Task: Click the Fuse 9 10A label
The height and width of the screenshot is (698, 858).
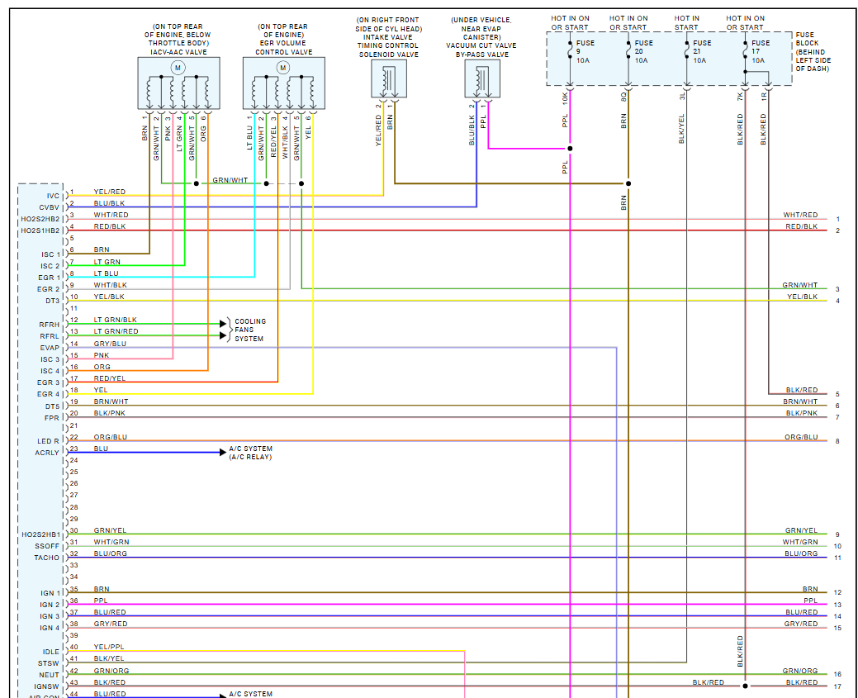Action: tap(585, 51)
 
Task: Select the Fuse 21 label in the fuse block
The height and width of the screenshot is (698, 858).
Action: tap(702, 51)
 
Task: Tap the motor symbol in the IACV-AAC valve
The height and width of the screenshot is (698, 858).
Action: tap(176, 67)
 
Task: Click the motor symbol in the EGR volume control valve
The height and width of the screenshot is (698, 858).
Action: tap(283, 67)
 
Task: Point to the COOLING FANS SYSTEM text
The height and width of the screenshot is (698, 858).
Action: tap(250, 330)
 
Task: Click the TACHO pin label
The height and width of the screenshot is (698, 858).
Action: tap(46, 558)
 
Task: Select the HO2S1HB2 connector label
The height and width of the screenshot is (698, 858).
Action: tap(40, 230)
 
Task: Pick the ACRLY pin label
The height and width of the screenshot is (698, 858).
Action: tap(47, 453)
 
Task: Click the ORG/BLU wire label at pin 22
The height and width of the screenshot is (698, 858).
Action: tap(111, 437)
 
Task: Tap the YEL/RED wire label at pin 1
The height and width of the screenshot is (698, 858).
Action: tap(110, 192)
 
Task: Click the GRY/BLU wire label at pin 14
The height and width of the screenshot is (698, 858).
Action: tap(110, 344)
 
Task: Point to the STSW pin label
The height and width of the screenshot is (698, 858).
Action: tap(49, 663)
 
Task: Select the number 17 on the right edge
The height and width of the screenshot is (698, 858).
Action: tap(837, 686)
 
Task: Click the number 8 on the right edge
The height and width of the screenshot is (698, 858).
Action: tap(837, 442)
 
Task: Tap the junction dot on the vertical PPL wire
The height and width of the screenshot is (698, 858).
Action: tap(570, 149)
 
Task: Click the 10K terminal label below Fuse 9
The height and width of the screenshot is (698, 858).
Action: tap(566, 97)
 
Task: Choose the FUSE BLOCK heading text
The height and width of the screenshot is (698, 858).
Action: tap(807, 39)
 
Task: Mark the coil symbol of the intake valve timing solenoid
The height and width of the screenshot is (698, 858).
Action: tap(388, 78)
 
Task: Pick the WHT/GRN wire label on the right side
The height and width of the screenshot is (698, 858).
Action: tap(800, 542)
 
